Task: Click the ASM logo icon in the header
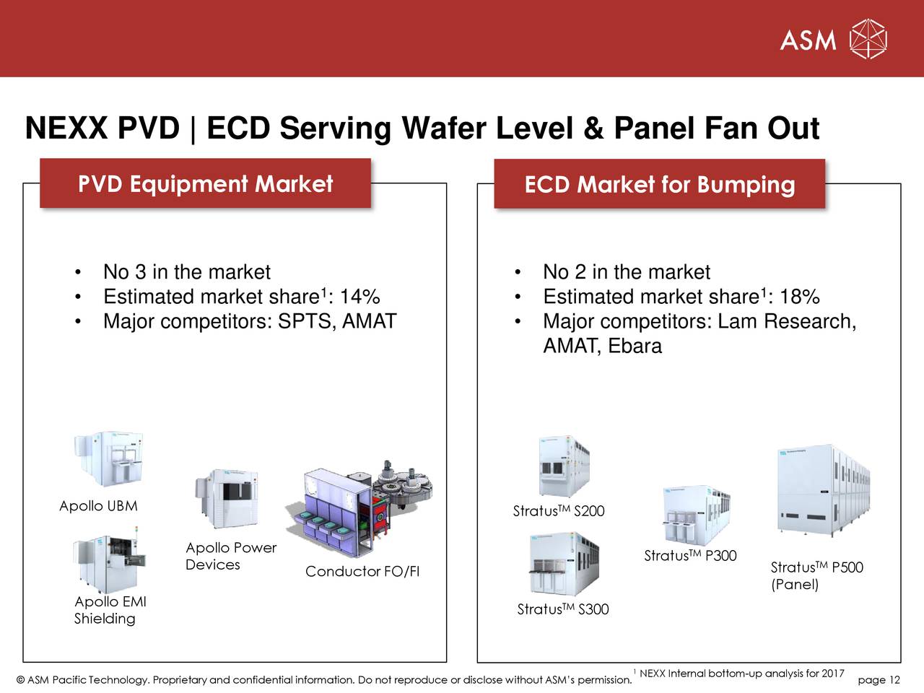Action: (x=868, y=39)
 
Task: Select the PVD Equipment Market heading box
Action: (x=205, y=184)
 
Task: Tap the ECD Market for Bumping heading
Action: (x=659, y=185)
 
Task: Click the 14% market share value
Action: (x=359, y=297)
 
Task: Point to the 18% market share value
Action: (x=799, y=297)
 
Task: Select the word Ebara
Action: (x=635, y=346)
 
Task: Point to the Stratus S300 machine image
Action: (x=563, y=565)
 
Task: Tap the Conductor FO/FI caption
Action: (x=362, y=572)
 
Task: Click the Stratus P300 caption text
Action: (x=690, y=555)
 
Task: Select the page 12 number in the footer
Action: (x=879, y=679)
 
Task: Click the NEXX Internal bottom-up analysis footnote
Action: (x=741, y=674)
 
